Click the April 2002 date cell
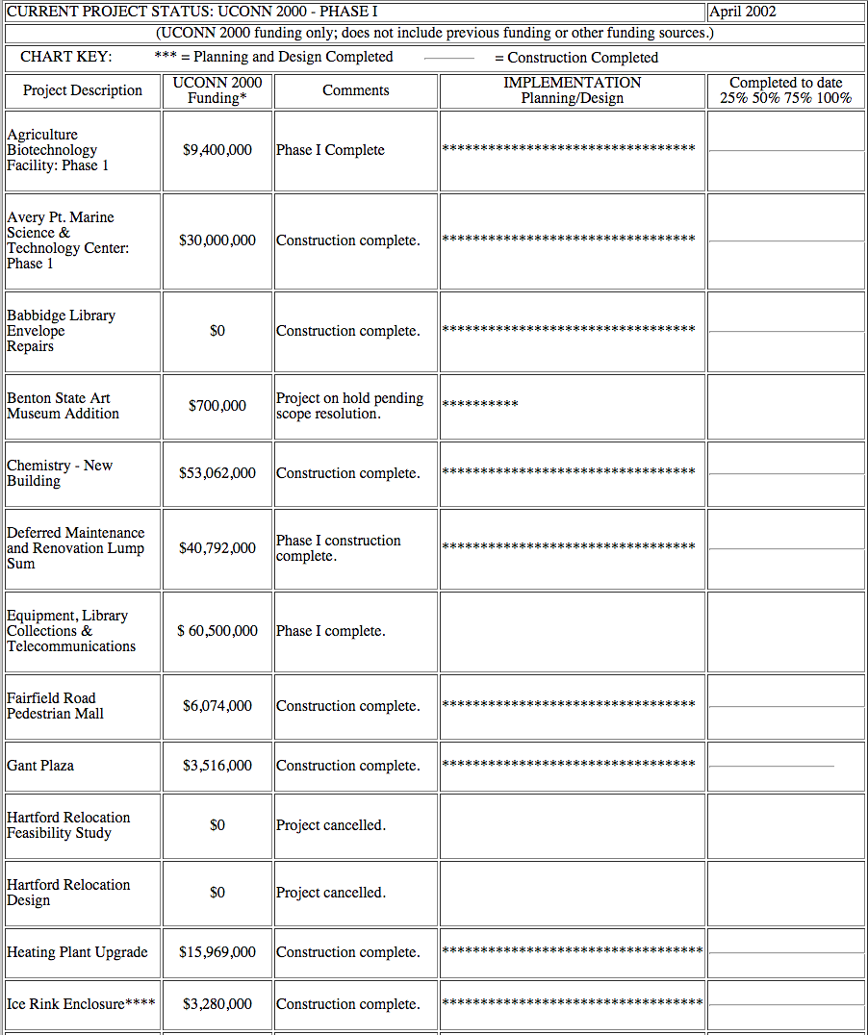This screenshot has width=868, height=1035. coord(743,12)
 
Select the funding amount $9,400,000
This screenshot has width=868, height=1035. coord(217,150)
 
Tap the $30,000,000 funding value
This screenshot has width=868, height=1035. coord(217,240)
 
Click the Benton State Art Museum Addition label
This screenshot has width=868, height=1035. coord(63,406)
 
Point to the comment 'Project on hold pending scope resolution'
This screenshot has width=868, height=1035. coord(349,406)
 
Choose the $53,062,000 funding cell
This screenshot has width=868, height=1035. coord(217,473)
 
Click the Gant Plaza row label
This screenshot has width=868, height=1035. coord(40,766)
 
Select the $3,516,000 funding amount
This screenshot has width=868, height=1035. coord(217,766)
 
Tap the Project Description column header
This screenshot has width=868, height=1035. coord(83,90)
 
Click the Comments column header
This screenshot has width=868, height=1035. coord(356,90)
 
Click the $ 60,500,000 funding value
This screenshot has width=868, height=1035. coord(217,631)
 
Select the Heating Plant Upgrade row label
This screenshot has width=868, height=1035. coord(77,952)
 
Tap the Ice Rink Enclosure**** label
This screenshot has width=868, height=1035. coord(81,1004)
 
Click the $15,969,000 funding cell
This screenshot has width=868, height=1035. coord(217,952)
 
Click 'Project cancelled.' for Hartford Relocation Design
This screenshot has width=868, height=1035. coord(331,893)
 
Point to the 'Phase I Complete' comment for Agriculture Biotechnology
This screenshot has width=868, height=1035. coord(330,150)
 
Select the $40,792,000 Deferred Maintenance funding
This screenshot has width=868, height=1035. coord(217,548)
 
